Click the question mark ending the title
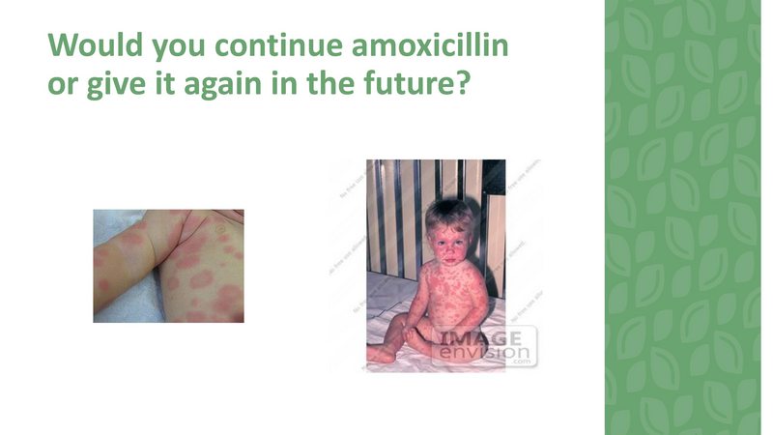click(462, 85)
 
